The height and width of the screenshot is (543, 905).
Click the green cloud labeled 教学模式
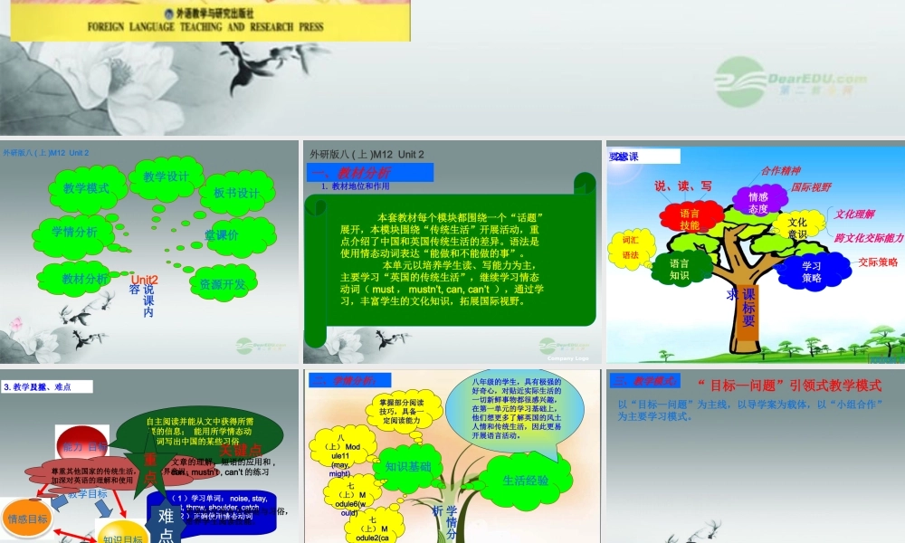[86, 188]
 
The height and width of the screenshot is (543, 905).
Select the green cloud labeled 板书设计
[237, 193]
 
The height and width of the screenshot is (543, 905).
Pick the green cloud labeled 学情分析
[76, 232]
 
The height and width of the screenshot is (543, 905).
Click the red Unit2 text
[144, 281]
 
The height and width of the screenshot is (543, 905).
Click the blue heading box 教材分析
[370, 172]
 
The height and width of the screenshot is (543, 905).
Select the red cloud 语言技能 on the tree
[691, 218]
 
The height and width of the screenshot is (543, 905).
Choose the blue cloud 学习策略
[811, 271]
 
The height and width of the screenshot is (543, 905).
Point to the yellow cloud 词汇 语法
[632, 248]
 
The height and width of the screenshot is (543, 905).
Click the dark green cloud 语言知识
[681, 270]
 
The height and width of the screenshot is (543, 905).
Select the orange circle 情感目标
[27, 519]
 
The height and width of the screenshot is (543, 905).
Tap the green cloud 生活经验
[525, 480]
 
